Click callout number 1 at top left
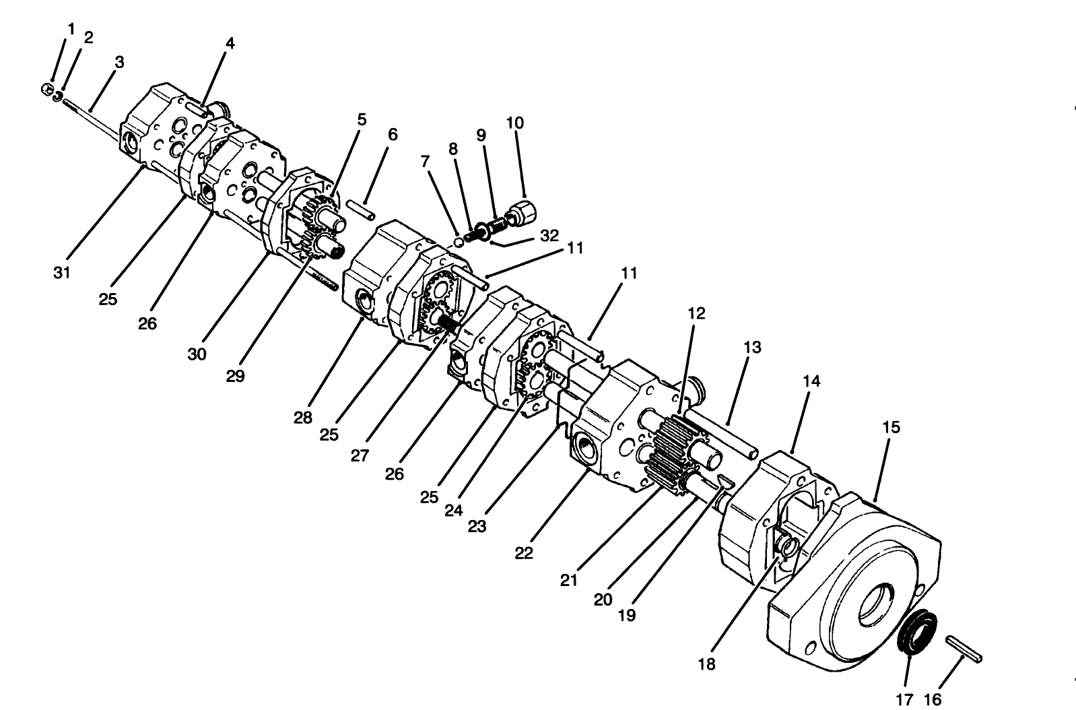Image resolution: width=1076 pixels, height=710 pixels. [71, 29]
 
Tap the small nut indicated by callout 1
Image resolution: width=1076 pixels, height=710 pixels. [48, 89]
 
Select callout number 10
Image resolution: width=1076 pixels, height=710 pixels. [514, 123]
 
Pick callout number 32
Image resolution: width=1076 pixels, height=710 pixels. [549, 236]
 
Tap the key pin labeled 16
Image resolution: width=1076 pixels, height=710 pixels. [966, 647]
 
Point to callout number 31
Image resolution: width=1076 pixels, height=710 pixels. [63, 273]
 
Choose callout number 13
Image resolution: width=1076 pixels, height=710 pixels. [752, 347]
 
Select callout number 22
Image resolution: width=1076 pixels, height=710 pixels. [524, 553]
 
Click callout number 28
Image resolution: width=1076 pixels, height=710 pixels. [303, 417]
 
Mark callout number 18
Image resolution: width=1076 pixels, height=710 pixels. [706, 664]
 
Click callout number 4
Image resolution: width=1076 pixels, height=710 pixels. [230, 44]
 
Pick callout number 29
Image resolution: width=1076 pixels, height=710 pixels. [235, 376]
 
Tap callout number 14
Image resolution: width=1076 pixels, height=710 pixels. [811, 381]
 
